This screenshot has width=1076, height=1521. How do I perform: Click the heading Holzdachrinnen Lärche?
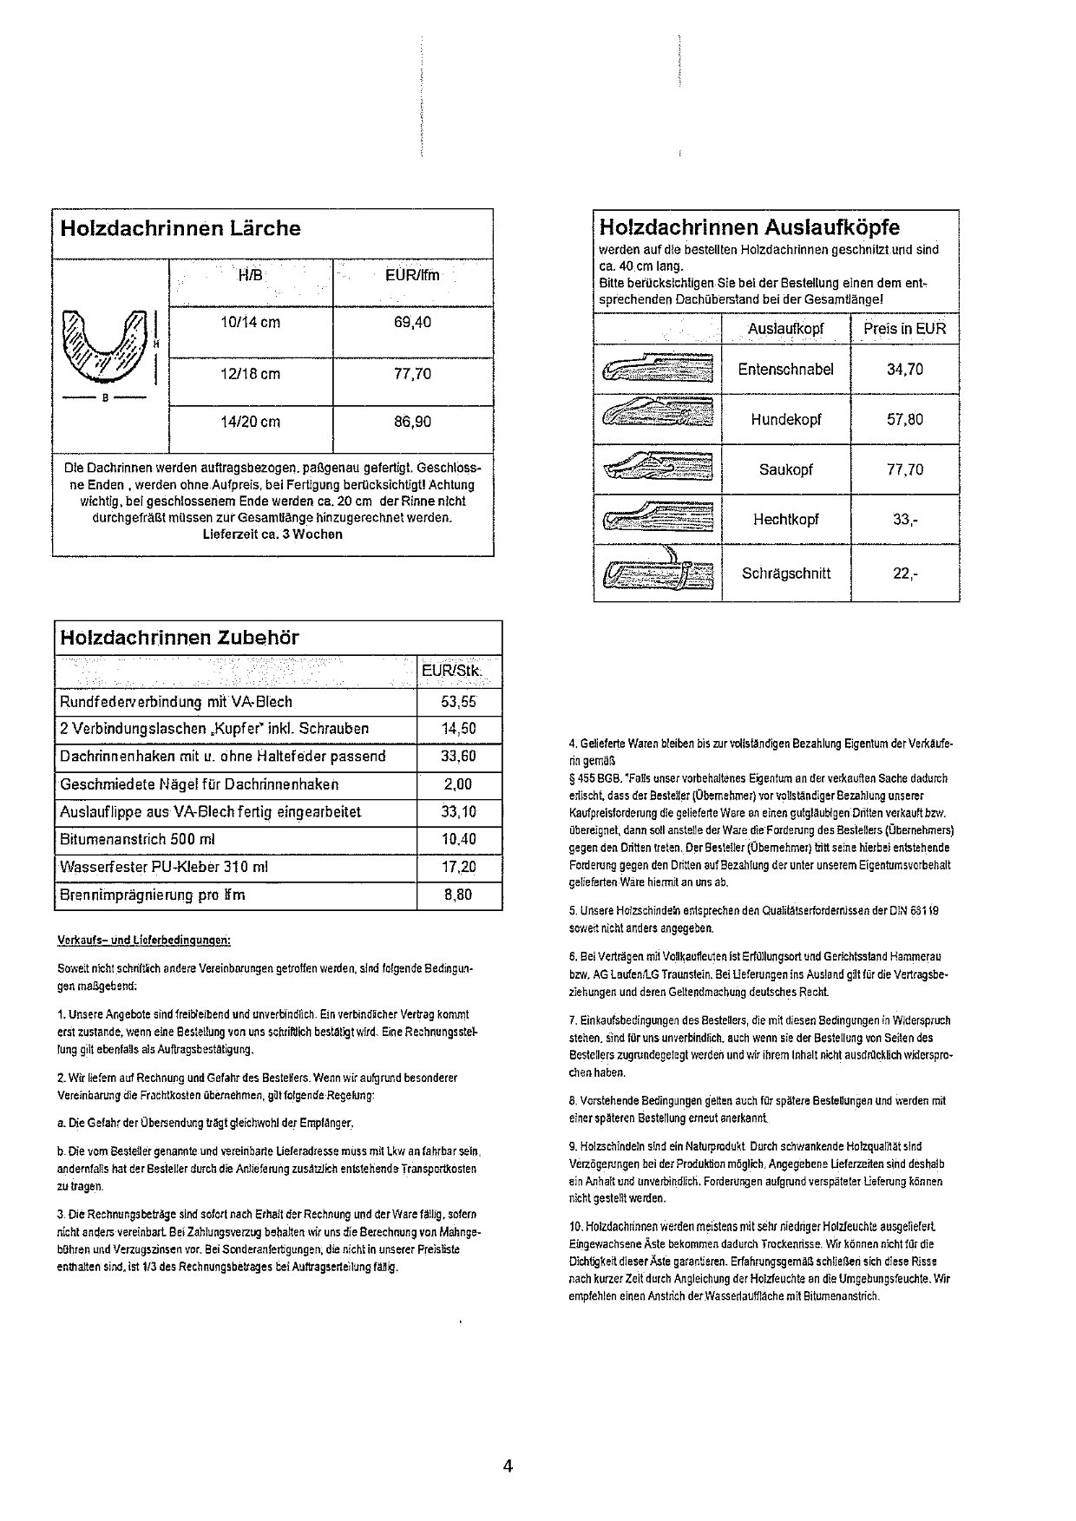point(180,229)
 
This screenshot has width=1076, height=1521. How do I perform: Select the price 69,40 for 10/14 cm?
point(412,323)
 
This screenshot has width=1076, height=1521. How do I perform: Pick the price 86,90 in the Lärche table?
point(412,423)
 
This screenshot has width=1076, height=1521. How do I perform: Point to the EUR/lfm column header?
point(412,276)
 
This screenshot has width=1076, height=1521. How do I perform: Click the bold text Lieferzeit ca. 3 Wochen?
point(272,534)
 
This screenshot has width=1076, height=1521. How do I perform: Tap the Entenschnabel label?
point(785,370)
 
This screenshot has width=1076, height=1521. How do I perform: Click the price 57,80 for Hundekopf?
point(905,420)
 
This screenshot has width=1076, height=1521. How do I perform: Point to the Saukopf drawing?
point(657,469)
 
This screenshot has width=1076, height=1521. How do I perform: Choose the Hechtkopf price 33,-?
point(905,521)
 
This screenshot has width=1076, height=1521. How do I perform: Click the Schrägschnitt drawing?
point(657,572)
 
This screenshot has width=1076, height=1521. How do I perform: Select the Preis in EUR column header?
point(905,329)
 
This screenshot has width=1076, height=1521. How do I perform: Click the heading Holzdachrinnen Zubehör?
point(179,638)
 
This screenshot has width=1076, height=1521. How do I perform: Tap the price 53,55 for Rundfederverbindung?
point(459,702)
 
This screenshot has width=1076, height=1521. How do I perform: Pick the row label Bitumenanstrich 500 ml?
point(137,840)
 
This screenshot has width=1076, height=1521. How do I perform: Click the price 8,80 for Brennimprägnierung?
point(459,895)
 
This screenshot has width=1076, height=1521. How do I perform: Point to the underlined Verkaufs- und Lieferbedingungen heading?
point(143,940)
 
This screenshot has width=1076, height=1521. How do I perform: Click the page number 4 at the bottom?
point(508,1467)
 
